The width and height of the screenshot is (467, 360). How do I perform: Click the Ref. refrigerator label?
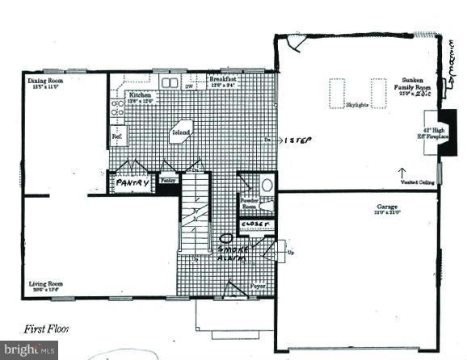click(x=117, y=137)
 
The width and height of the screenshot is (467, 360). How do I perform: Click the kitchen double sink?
click(x=170, y=82)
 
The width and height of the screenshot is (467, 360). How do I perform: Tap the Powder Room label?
click(x=248, y=203)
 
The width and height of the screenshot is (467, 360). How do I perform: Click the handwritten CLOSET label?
click(x=258, y=224)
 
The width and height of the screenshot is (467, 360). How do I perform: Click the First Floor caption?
click(x=47, y=329)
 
